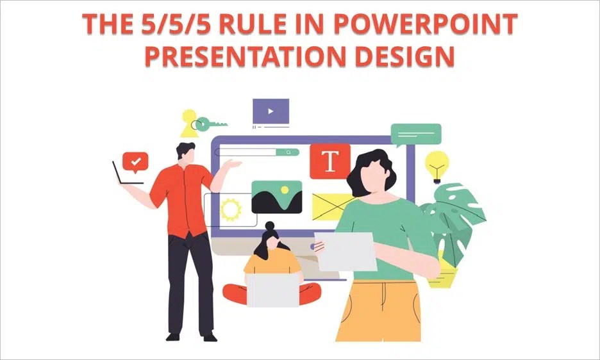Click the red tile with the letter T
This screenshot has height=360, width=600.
click(x=330, y=161)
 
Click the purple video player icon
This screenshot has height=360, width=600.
click(x=271, y=111)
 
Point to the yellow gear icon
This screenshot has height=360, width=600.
click(x=230, y=209)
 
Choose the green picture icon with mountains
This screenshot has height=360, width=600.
click(x=276, y=197)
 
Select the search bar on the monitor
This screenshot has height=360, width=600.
click(x=256, y=152)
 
